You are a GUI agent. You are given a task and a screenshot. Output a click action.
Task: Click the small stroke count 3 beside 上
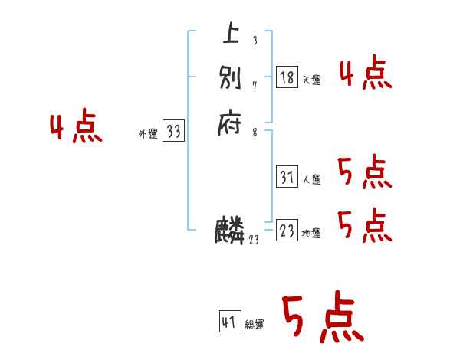click(254, 41)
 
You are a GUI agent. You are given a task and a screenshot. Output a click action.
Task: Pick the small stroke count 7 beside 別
click(254, 85)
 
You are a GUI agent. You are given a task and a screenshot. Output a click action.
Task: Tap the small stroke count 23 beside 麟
click(254, 240)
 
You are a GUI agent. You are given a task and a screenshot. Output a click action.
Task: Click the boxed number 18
click(287, 77)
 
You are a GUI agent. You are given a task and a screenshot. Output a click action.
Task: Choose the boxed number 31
click(287, 177)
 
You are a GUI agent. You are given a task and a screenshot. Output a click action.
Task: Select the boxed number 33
click(173, 132)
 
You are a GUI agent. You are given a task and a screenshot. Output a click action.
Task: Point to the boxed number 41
click(229, 322)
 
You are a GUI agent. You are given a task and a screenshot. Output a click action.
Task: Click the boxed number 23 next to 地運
click(287, 231)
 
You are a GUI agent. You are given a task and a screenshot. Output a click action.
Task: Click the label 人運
click(312, 180)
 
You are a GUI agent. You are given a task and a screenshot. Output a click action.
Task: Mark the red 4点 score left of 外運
click(76, 129)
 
